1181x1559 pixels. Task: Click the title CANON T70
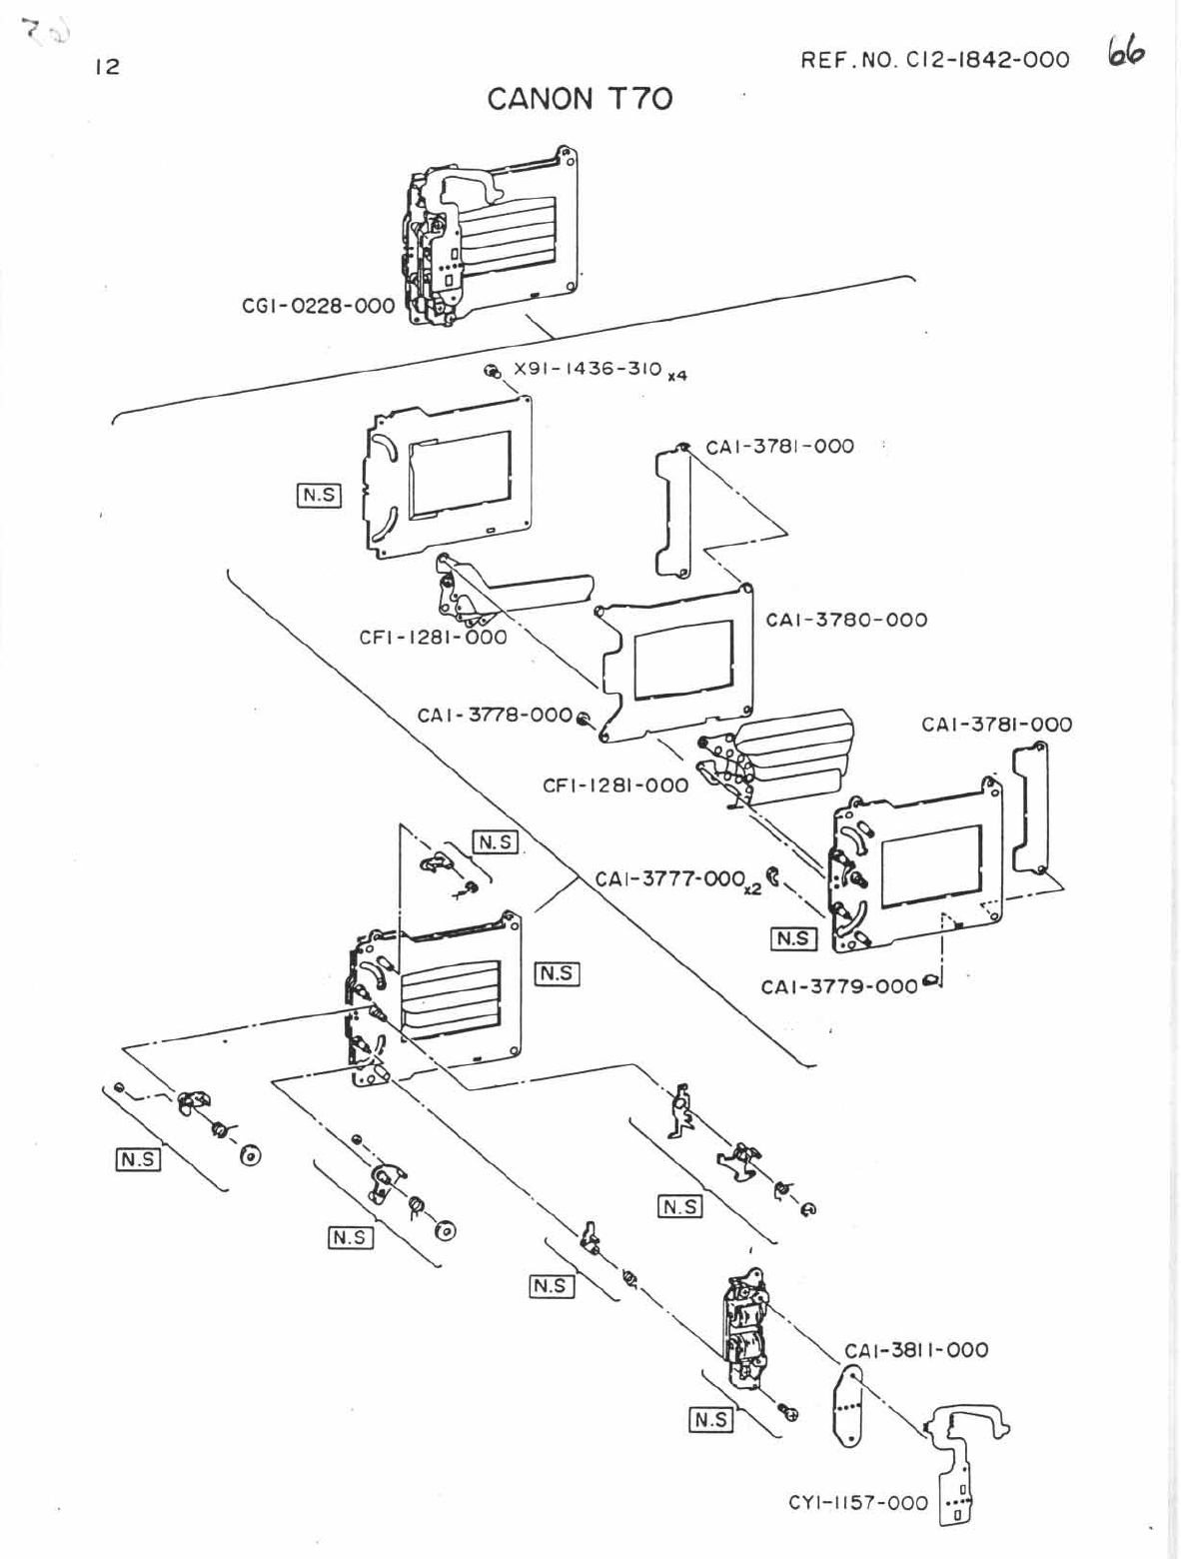tap(580, 98)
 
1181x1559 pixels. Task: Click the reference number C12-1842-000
tap(934, 60)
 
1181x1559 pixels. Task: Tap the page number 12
tap(107, 67)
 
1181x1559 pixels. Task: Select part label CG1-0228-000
tap(319, 306)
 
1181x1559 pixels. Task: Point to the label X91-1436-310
tap(588, 369)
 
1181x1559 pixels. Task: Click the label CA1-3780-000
tap(846, 620)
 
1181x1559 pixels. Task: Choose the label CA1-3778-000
tap(495, 715)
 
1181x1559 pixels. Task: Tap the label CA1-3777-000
tap(670, 879)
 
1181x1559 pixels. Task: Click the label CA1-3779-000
tap(839, 987)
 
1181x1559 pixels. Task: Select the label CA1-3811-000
tap(916, 1350)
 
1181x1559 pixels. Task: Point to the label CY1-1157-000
tap(858, 1502)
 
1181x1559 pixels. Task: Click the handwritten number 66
tap(1125, 52)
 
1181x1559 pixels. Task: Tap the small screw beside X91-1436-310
tap(492, 372)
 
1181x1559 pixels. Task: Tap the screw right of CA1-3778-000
tap(584, 718)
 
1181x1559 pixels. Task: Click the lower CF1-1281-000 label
tap(615, 785)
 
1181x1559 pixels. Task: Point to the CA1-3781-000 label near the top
tap(779, 447)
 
